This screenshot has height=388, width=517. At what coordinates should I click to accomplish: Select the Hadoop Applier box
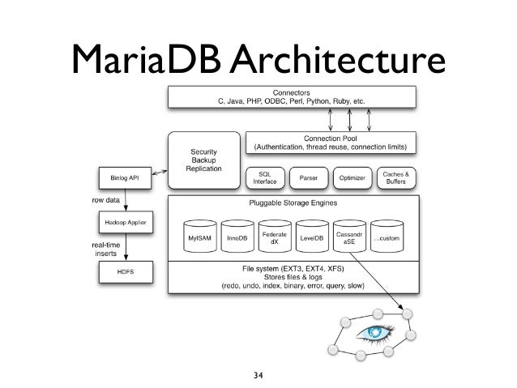click(x=124, y=221)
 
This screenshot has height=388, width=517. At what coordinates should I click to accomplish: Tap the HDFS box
click(x=124, y=271)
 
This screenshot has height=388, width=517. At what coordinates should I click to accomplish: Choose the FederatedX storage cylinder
click(x=276, y=238)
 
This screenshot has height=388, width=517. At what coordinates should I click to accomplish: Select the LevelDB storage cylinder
click(x=312, y=238)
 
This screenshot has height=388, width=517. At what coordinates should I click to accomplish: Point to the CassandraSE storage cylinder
click(x=349, y=238)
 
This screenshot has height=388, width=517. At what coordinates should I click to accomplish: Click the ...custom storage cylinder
click(x=387, y=238)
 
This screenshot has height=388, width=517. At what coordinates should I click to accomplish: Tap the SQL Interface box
click(x=265, y=177)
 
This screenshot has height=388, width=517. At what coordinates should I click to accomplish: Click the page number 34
click(x=258, y=373)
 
